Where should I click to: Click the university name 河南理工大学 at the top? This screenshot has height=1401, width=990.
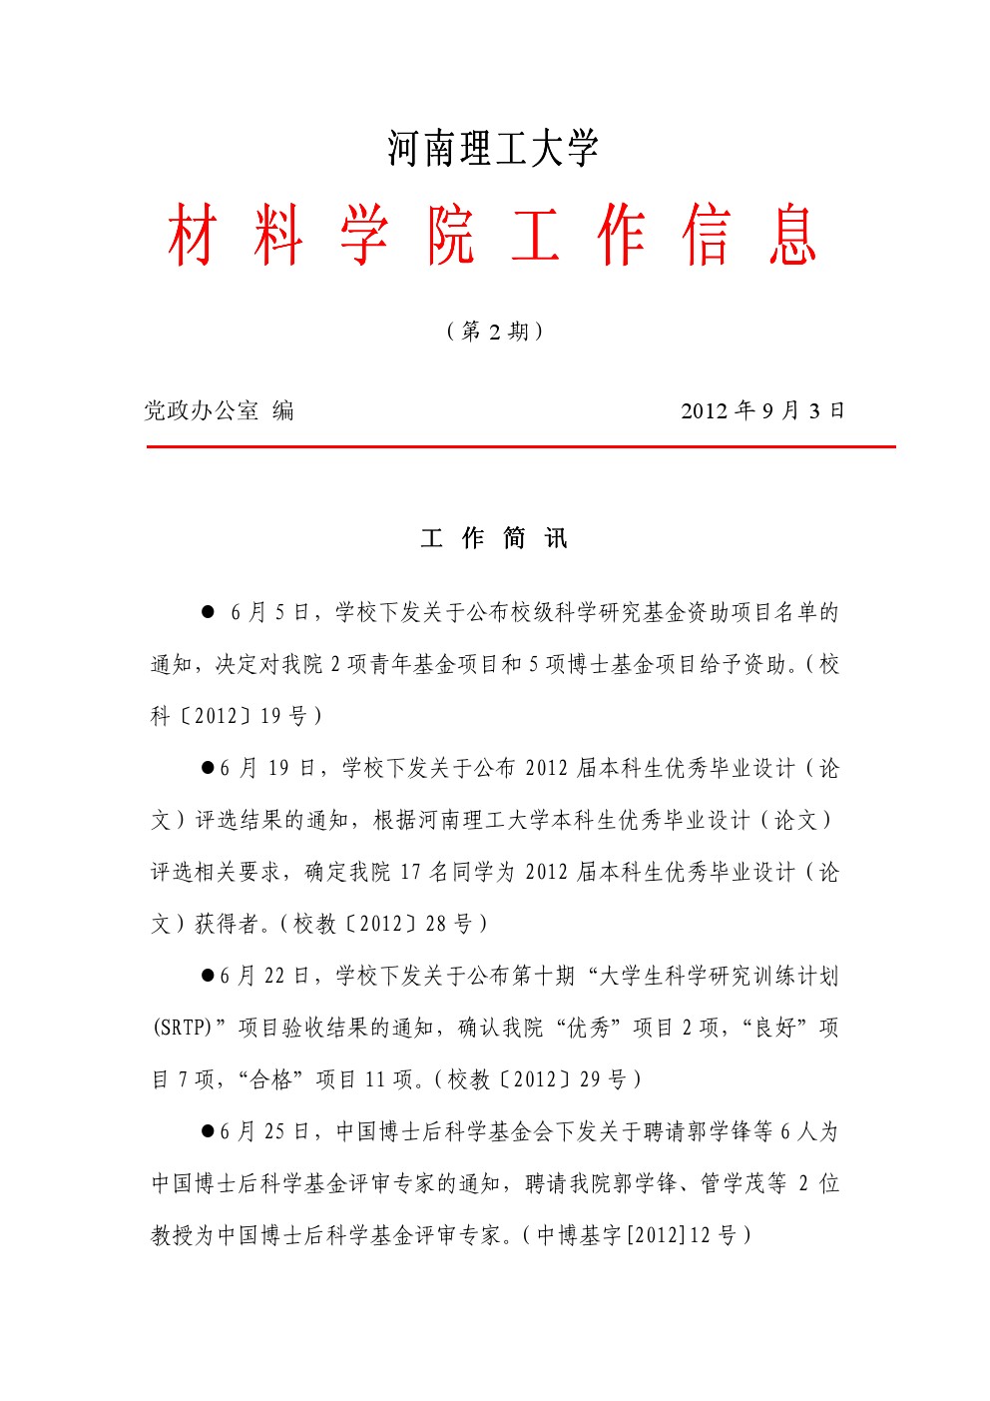point(493,149)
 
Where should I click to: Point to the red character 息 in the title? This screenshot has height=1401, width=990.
point(793,236)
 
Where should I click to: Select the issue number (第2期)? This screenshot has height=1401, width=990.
point(494,331)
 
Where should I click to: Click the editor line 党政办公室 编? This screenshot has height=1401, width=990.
point(219,410)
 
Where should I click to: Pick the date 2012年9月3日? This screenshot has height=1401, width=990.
point(762,410)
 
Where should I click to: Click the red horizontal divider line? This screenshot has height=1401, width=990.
point(520,447)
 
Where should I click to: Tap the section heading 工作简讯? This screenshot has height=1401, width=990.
point(494,539)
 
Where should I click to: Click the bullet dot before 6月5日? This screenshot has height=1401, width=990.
point(209,612)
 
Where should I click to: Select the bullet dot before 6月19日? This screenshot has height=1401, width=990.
point(209,768)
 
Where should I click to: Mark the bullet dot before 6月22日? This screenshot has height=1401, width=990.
point(209,976)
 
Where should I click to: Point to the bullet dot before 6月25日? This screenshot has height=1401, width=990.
point(209,1131)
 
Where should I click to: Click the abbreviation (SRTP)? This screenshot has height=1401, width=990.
point(182,1028)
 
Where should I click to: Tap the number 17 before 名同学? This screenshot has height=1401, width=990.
point(410,872)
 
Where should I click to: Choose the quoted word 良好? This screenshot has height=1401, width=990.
point(775,1028)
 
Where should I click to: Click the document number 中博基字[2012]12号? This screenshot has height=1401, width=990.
point(638,1235)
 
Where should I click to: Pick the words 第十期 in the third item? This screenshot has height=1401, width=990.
point(543,976)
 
